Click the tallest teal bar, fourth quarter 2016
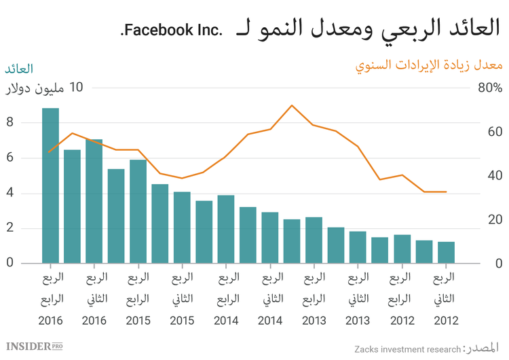pos(50,185)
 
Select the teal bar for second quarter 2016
pos(94,201)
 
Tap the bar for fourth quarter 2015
pos(138,211)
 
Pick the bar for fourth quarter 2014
pos(226,229)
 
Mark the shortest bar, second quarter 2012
pos(446,252)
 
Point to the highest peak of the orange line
pos(292,105)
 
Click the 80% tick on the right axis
pos(489,88)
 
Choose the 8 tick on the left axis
pos(10,123)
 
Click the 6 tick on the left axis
pos(10,158)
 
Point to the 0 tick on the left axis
pos(10,263)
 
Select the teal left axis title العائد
pos(19,69)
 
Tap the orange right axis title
pos(428,66)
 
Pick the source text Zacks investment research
pos(407,349)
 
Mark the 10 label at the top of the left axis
pos(76,88)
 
